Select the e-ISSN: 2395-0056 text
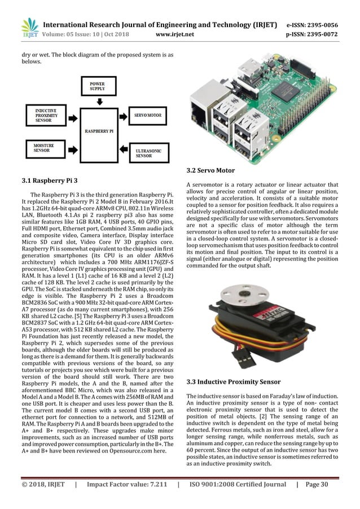click(x=320, y=25)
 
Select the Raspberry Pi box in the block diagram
click(x=100, y=130)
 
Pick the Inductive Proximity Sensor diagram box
click(x=45, y=115)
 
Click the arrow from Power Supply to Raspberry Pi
click(x=100, y=102)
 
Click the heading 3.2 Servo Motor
click(x=210, y=170)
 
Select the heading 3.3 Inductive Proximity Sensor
click(x=233, y=382)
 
